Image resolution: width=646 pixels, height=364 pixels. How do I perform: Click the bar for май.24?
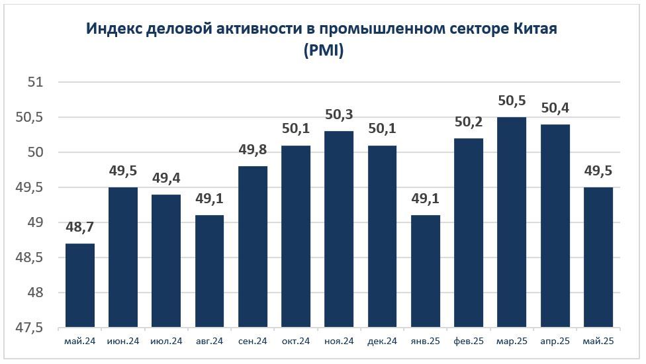tap(79, 285)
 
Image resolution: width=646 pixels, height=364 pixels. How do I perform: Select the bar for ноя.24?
tap(339, 229)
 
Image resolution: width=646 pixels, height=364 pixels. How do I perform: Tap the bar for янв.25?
tap(425, 271)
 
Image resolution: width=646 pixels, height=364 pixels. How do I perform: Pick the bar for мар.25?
tap(512, 222)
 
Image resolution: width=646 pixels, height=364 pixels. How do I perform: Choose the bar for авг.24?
tap(209, 271)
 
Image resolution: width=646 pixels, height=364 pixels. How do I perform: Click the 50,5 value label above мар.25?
tap(512, 103)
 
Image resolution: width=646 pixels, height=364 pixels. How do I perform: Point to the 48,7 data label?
tap(79, 229)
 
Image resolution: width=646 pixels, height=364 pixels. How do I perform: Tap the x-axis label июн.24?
tap(122, 341)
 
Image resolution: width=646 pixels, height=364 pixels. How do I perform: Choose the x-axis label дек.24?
tap(382, 341)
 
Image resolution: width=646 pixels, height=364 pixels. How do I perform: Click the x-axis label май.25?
tap(598, 341)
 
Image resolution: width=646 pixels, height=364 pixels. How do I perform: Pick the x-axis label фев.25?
tap(468, 341)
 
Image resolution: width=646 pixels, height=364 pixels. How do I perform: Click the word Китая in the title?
tap(534, 30)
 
